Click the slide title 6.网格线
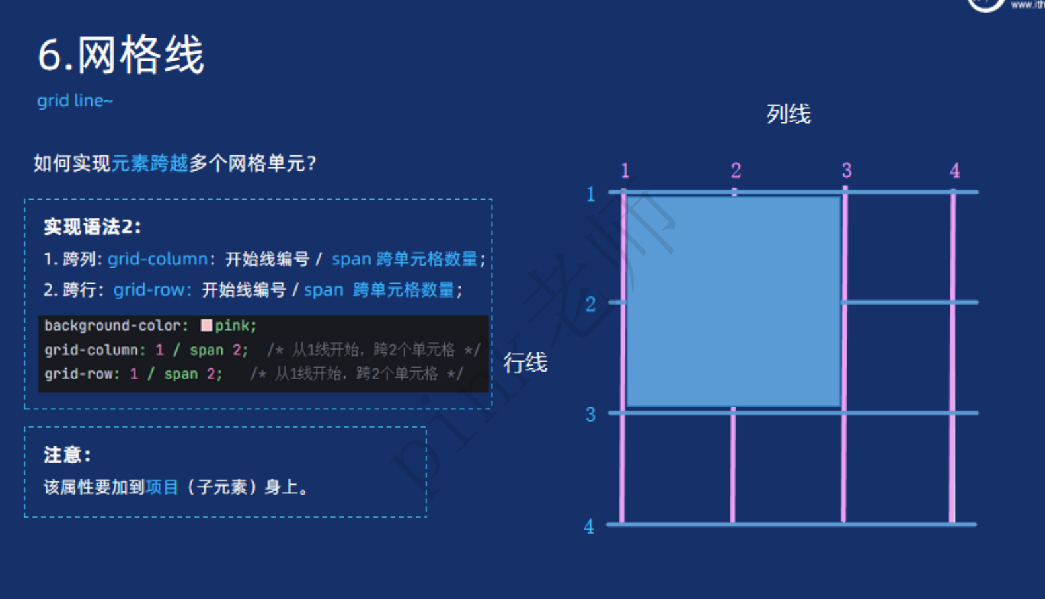121,55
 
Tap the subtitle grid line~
75,100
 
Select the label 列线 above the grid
788,114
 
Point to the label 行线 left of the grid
525,362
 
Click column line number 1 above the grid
625,171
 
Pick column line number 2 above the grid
736,171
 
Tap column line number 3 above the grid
847,171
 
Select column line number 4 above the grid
954,171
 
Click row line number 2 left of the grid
590,305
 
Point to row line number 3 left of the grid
590,415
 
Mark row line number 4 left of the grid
589,527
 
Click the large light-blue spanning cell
733,301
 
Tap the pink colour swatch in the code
206,325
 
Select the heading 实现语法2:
93,227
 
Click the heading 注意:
67,455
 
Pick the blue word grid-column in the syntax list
157,259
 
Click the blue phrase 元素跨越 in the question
149,163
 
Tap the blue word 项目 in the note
162,487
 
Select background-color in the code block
112,325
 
